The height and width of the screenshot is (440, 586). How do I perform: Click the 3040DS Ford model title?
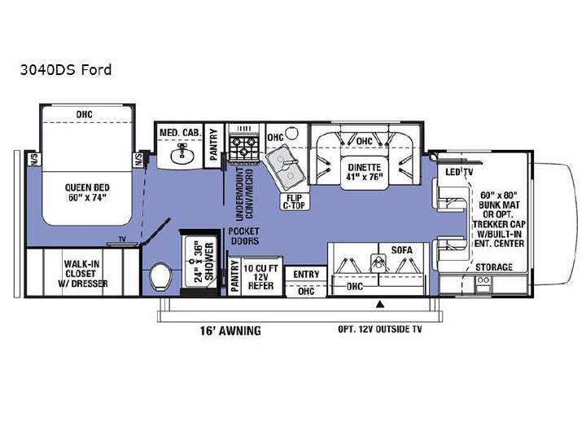pos(66,70)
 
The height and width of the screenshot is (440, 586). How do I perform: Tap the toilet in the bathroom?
pos(160,276)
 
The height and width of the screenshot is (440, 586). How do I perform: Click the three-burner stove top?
pos(243,147)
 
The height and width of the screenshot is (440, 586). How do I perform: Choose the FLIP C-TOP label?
pos(294,201)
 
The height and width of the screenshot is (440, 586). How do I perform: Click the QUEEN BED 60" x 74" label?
pos(87,192)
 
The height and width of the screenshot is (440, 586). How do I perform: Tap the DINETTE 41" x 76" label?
pos(364,172)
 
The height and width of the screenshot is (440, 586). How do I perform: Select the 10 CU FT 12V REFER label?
pos(260,277)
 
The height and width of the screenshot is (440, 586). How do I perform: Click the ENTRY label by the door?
pos(306,275)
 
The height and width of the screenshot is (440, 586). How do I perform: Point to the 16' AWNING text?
pos(230,330)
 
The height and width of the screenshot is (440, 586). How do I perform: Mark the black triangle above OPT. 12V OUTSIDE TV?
pos(380,304)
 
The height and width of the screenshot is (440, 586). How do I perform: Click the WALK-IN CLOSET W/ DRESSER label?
pos(83,274)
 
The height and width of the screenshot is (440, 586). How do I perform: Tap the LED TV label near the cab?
pos(459,172)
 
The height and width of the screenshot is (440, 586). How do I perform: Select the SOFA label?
pos(402,250)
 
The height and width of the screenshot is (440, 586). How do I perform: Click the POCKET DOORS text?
pos(244,236)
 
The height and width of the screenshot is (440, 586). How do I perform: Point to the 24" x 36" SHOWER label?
pos(204,262)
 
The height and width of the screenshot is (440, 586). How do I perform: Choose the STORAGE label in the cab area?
pos(494,267)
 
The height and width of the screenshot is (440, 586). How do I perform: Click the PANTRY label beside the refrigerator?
pos(234,276)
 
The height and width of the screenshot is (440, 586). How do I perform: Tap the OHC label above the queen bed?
pos(84,115)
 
